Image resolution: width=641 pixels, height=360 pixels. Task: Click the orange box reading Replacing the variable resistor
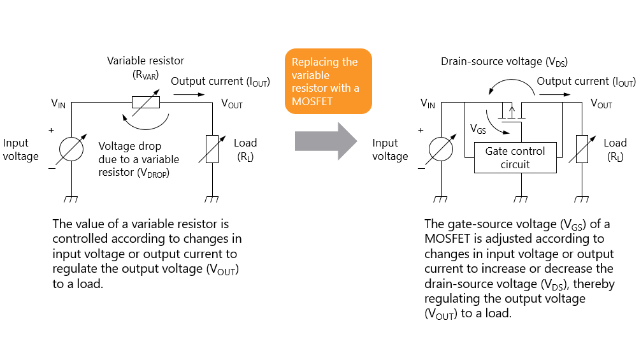[328, 82]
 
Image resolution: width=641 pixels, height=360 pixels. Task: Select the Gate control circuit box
[515, 157]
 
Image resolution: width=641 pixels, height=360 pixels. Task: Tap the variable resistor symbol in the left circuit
[145, 102]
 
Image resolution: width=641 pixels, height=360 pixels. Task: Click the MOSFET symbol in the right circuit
[512, 112]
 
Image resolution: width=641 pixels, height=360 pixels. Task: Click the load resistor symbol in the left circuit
[211, 150]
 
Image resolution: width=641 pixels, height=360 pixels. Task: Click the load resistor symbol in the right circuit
[580, 150]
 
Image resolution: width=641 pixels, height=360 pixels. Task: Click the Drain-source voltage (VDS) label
[504, 62]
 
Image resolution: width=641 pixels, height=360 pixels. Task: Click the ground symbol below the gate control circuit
[522, 199]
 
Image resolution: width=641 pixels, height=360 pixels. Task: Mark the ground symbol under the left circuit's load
[211, 199]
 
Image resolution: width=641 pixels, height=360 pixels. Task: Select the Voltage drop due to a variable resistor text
[139, 159]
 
